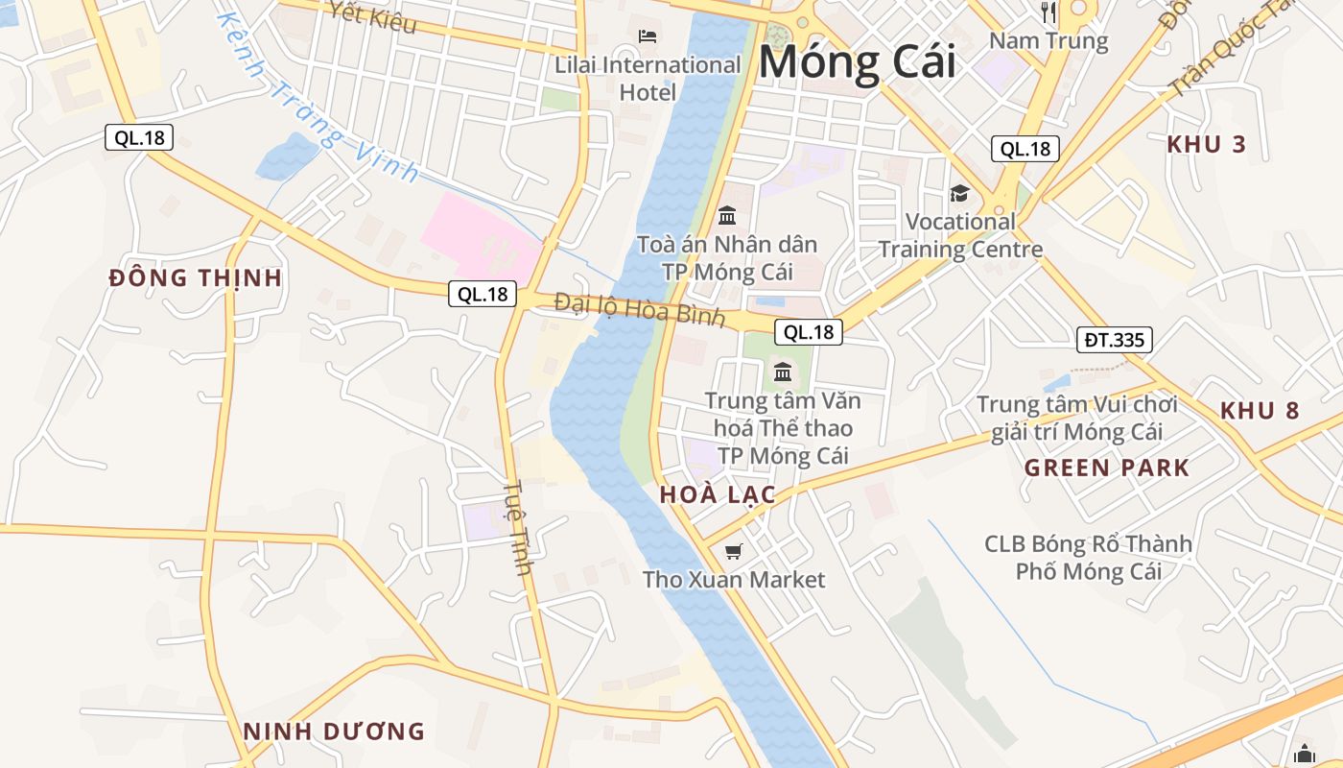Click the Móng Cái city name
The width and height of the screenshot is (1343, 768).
point(857,62)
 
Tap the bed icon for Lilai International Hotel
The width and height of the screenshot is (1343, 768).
point(648,36)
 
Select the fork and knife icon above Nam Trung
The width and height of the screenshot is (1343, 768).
point(1048,12)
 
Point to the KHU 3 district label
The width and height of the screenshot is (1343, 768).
point(1206,145)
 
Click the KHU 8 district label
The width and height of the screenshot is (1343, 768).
point(1260,411)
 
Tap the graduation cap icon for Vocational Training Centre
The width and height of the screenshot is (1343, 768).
point(959,194)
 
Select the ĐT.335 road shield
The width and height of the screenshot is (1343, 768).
point(1114,339)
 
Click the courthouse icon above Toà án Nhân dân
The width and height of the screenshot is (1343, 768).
point(727,215)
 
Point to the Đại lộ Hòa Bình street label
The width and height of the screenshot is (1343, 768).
point(639,310)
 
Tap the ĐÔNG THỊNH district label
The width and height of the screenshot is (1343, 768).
point(196,278)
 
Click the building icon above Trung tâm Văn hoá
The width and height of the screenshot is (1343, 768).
point(783,372)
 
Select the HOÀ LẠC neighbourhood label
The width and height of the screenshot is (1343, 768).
point(718,495)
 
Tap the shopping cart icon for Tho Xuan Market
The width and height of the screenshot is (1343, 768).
point(734,551)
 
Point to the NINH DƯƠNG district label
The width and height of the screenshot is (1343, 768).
point(333,732)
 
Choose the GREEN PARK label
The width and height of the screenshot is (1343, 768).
point(1106,468)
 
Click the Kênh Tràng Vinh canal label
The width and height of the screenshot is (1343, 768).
point(317,96)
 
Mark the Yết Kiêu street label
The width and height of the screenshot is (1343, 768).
point(372,15)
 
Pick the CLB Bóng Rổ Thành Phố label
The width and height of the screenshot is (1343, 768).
point(1088,558)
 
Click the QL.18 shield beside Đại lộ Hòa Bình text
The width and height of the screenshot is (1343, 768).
point(483,294)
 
